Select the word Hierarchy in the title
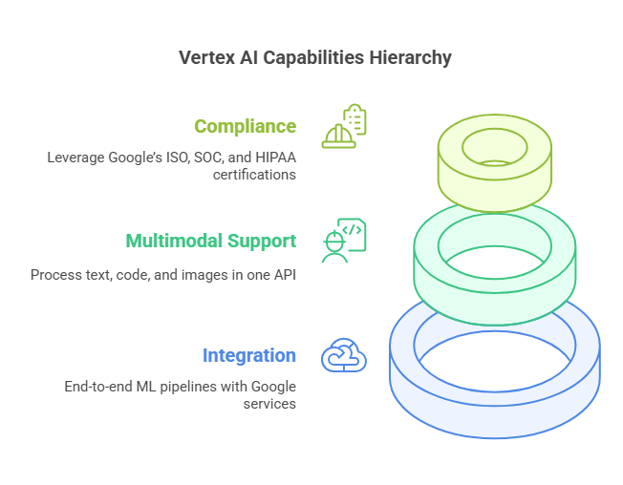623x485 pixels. click(x=411, y=58)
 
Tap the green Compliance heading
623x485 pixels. click(x=246, y=127)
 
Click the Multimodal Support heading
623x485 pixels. click(x=211, y=242)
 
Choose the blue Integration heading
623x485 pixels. click(x=249, y=356)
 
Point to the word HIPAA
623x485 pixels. click(x=276, y=158)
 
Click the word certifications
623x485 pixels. click(x=255, y=175)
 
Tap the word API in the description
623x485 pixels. click(x=286, y=275)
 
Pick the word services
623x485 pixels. click(x=269, y=404)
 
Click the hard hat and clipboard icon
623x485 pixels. click(x=344, y=126)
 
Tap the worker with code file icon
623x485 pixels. click(x=344, y=241)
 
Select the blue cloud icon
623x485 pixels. click(x=344, y=355)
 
